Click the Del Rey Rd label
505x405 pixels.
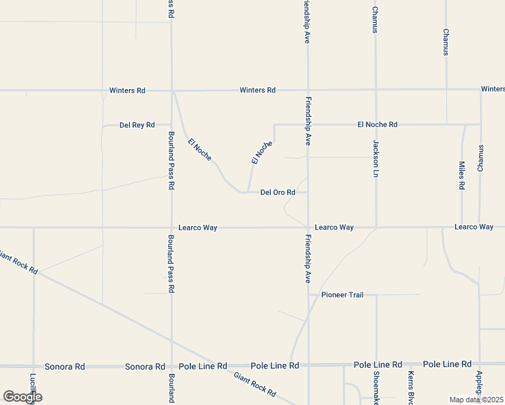pos(137,125)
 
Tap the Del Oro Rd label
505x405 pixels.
pos(278,192)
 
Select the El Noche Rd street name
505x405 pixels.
pos(377,124)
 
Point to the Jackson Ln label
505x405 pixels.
pos(376,159)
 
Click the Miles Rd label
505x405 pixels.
pos(462,175)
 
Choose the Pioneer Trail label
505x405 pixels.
pos(342,295)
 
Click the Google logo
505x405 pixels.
pos(22,397)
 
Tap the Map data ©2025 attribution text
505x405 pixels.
pos(476,400)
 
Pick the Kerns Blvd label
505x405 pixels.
pos(410,387)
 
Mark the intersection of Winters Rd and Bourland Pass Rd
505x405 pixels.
pos(172,90)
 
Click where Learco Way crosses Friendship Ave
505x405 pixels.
pos(309,227)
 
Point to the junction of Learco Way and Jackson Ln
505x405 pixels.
pos(376,227)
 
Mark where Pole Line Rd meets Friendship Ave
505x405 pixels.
pos(309,365)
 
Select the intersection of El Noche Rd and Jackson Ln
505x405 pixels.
pos(376,124)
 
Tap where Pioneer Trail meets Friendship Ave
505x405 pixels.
pos(309,295)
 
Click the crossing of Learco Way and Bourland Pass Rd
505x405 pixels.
pos(171,227)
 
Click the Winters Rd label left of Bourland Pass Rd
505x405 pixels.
pos(127,90)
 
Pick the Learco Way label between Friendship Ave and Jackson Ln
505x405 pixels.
pos(334,227)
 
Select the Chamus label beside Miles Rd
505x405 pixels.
pos(481,158)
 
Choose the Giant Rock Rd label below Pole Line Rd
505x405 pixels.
pos(255,385)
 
